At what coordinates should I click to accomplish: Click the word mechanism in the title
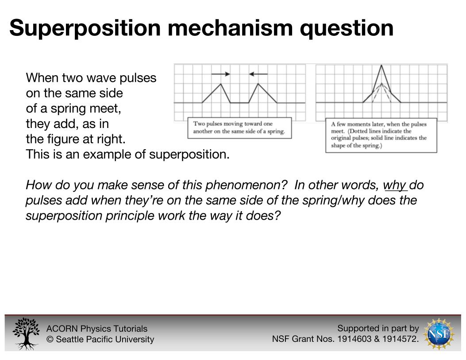tap(230, 27)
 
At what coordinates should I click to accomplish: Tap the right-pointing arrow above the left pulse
tap(220, 74)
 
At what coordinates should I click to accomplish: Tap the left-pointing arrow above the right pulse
tap(258, 74)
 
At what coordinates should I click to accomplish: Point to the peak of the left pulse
tap(220, 84)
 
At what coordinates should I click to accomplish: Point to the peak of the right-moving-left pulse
tap(258, 84)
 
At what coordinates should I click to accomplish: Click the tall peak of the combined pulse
tap(381, 66)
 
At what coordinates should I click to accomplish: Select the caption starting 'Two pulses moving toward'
tap(239, 128)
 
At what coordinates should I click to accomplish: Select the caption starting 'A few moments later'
tap(381, 135)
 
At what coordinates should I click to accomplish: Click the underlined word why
tap(395, 185)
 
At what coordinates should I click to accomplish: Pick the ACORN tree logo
tap(26, 333)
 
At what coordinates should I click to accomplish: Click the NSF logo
tap(439, 333)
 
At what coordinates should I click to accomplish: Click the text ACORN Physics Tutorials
tap(97, 329)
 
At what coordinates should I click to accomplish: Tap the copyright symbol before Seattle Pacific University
tap(50, 339)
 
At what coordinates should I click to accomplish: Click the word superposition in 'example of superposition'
tap(189, 155)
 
